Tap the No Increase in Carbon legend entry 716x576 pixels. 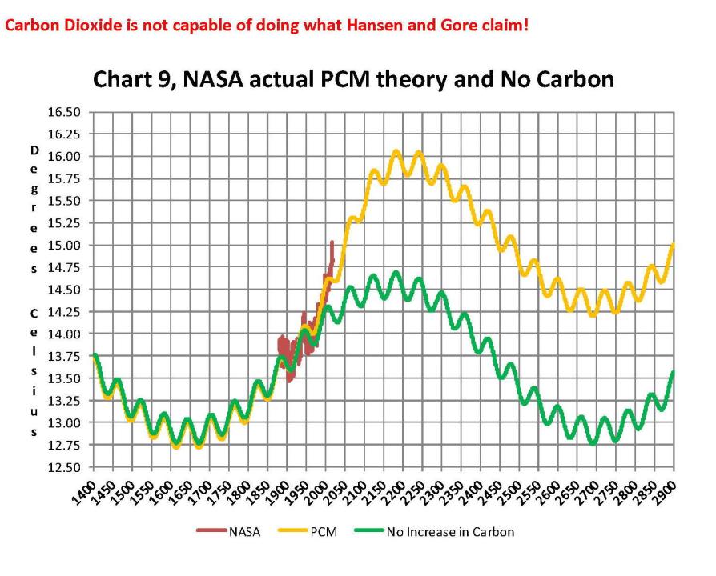(x=450, y=530)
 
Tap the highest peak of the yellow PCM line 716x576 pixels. (x=396, y=151)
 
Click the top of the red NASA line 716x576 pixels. (x=332, y=242)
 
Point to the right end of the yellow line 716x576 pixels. (x=674, y=246)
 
